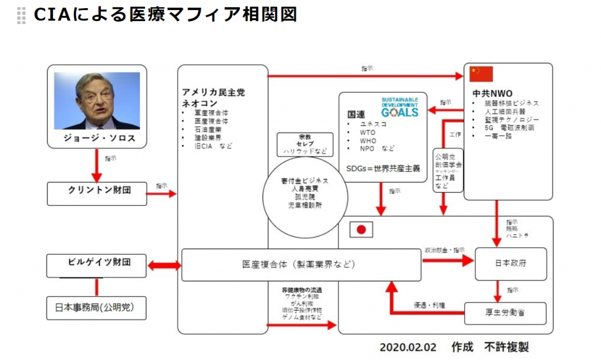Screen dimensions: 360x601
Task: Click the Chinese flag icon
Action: click(x=481, y=74)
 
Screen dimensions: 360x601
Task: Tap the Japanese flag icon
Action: click(x=362, y=230)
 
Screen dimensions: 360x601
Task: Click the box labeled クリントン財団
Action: click(x=97, y=193)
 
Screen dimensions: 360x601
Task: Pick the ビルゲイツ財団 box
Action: click(x=97, y=265)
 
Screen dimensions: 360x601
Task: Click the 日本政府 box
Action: click(x=510, y=263)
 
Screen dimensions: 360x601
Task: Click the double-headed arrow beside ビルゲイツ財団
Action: click(x=164, y=265)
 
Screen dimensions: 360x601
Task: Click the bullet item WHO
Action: click(x=368, y=140)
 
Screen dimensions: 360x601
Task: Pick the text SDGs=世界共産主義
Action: click(x=383, y=168)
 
